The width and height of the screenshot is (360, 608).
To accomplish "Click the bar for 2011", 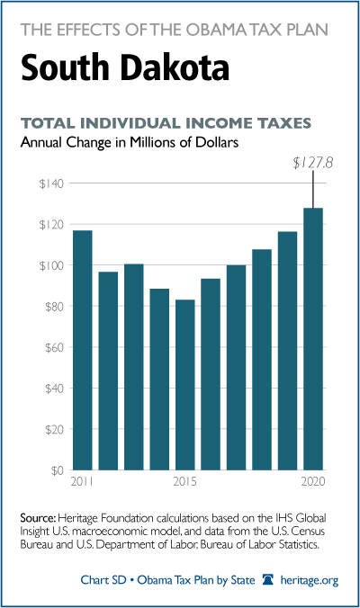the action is tap(83, 350).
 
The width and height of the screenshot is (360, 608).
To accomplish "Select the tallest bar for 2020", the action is tap(313, 339).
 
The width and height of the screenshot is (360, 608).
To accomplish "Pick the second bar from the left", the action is tap(108, 371).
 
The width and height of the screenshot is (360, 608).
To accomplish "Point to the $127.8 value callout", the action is tap(312, 164).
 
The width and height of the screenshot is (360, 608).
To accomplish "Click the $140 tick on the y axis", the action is tap(51, 183).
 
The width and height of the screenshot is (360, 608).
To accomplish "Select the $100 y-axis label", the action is tap(51, 265).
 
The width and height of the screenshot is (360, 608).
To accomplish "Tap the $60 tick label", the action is tap(54, 347).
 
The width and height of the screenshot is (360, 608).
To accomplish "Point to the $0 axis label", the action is tap(58, 470).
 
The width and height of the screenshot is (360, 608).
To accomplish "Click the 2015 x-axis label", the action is tap(185, 481).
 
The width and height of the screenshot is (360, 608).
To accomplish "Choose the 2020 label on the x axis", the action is tap(313, 481).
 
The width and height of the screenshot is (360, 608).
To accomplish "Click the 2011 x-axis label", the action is tap(82, 481).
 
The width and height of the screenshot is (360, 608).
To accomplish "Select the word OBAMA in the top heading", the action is tap(220, 30).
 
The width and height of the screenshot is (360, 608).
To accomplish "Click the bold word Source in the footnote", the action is tap(39, 518).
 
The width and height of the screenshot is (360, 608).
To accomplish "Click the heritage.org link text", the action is tap(310, 580).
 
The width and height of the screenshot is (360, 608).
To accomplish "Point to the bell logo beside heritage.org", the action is tap(268, 580).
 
